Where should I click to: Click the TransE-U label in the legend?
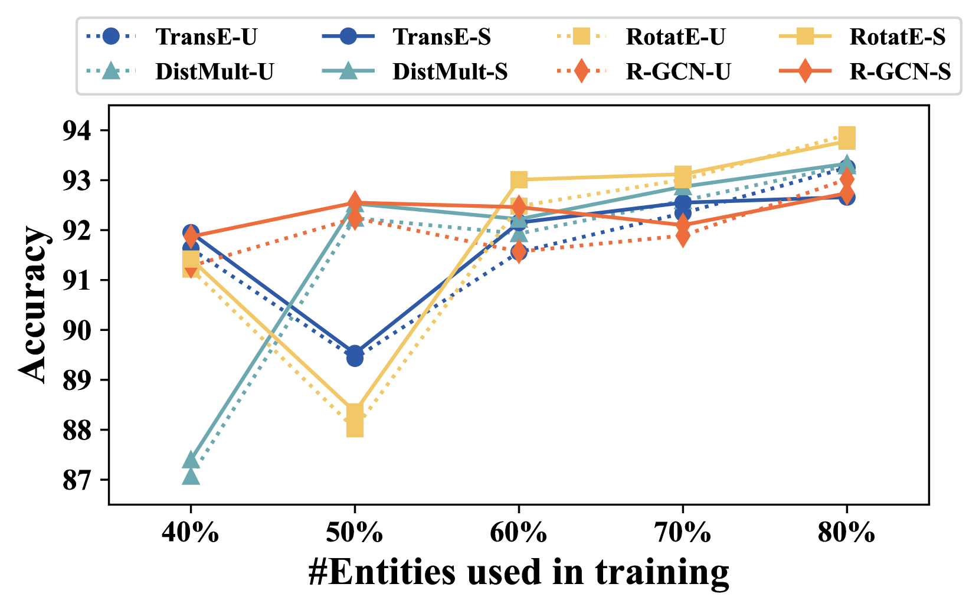coord(206,37)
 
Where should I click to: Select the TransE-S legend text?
coord(441,37)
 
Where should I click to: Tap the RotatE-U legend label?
coord(675,37)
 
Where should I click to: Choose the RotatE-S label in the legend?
coord(897,37)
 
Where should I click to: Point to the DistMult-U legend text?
coord(214,72)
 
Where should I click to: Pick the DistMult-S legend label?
coord(450,72)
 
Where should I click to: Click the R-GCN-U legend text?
coord(678,72)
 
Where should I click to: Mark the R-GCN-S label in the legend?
coord(900,72)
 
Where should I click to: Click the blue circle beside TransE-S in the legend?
coord(348,37)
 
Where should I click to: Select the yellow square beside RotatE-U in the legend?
coord(581,37)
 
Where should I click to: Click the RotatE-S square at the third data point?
coord(519,179)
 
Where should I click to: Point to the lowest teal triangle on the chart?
coord(191,475)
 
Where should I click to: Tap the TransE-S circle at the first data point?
coord(191,233)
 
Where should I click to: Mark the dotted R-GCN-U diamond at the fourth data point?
coord(683,237)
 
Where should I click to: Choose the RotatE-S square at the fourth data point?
coord(683,175)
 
